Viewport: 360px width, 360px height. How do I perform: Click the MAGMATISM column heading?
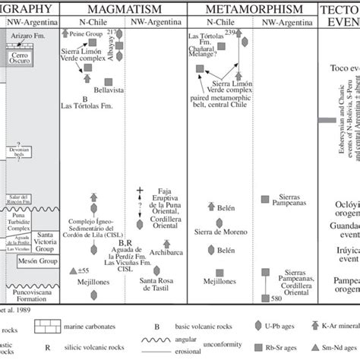pos(122,10)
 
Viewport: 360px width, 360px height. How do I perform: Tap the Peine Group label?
pos(90,36)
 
